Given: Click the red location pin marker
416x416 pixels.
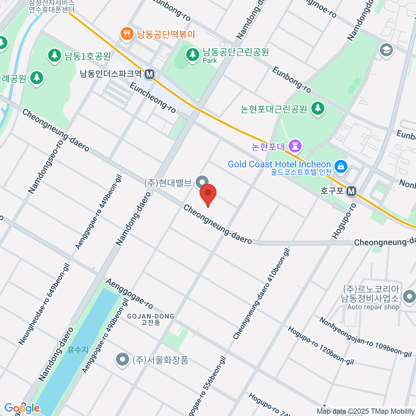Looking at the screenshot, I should [x=208, y=194].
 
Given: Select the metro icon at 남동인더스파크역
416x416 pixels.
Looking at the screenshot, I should [x=150, y=74].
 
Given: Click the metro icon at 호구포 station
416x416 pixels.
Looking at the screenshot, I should [x=352, y=191].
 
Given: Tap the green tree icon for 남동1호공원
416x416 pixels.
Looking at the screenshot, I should [x=54, y=56].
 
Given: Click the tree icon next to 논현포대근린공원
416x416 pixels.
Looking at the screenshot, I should [x=318, y=109].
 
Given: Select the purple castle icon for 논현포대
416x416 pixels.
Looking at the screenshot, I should [x=295, y=146].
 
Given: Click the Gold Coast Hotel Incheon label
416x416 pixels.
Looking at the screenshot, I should [x=279, y=164].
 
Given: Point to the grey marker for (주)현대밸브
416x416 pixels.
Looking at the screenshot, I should [x=202, y=182].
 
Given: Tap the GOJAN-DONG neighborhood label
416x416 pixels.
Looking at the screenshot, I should [x=150, y=317].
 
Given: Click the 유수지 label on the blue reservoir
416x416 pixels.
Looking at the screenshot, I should [x=78, y=350].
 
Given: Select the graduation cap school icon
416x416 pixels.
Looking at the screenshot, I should [x=386, y=50].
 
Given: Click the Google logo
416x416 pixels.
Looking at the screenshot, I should [x=22, y=408].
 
